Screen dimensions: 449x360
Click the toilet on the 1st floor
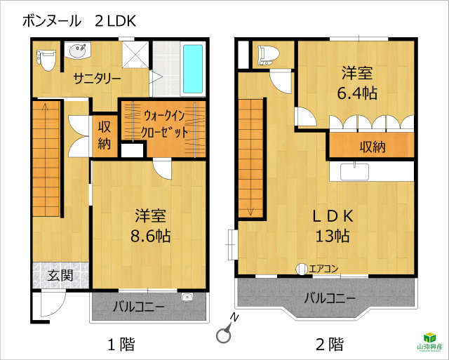(x=46, y=60)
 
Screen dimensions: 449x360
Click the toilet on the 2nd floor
(x=268, y=55)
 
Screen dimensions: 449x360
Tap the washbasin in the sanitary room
(x=77, y=51)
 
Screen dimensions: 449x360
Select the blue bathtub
(x=193, y=69)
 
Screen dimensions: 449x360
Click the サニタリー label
(x=97, y=78)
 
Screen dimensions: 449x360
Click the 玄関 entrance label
(x=60, y=275)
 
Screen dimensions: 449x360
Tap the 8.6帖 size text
(x=151, y=236)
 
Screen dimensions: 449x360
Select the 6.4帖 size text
(x=357, y=93)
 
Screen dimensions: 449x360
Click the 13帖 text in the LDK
(x=333, y=236)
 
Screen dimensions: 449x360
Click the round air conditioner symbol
(x=302, y=269)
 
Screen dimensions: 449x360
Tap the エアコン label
(x=323, y=269)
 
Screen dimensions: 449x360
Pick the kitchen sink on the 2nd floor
(x=354, y=171)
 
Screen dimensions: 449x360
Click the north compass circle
(x=223, y=335)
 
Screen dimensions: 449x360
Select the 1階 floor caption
(x=121, y=344)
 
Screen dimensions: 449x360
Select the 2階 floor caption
(x=330, y=344)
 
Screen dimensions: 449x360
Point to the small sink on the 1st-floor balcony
(x=187, y=298)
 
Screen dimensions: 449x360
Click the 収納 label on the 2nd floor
(x=373, y=147)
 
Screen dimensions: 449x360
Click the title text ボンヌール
(x=51, y=21)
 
